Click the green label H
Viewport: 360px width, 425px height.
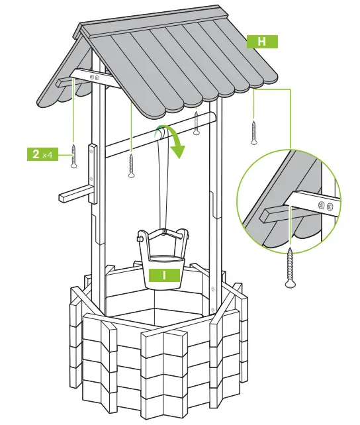click(261, 42)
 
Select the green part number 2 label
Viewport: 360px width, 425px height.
click(35, 154)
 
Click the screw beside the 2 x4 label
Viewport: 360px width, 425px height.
click(74, 156)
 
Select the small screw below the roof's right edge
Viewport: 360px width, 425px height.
click(253, 132)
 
